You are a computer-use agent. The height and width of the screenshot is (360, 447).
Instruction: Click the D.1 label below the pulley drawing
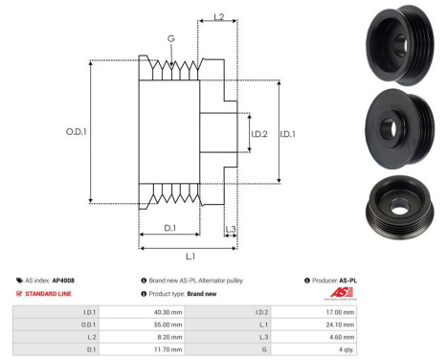[168, 227]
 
